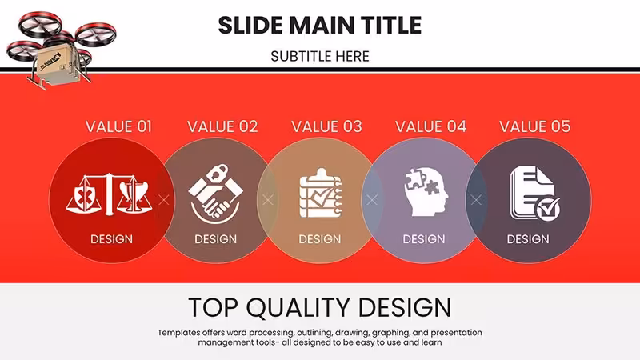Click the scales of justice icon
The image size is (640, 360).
(x=109, y=194)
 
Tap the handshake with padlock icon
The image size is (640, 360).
(x=215, y=194)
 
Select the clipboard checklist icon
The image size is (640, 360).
(x=321, y=193)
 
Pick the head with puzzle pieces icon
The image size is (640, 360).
(x=426, y=192)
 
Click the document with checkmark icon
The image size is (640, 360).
(x=534, y=194)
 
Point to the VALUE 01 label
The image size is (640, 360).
(x=118, y=126)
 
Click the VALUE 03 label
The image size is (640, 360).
(x=326, y=126)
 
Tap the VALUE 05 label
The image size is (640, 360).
(x=534, y=126)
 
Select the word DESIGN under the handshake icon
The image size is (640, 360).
(x=215, y=239)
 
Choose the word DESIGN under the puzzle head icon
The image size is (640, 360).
(x=424, y=239)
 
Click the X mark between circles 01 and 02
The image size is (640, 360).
(x=164, y=200)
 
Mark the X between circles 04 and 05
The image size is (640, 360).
(x=476, y=200)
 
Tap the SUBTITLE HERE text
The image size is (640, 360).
(x=320, y=56)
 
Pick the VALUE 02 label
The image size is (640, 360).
(x=222, y=126)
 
